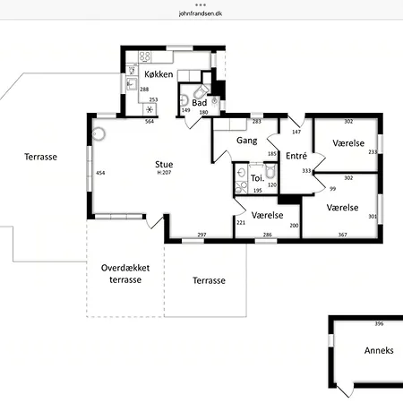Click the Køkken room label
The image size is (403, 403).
pyautogui.click(x=159, y=74)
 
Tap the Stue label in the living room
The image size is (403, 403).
pyautogui.click(x=164, y=164)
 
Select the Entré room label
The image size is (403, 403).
pyautogui.click(x=296, y=156)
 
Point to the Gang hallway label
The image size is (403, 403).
pyautogui.click(x=247, y=141)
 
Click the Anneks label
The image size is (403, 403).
pyautogui.click(x=379, y=350)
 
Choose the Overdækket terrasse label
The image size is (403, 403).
pyautogui.click(x=125, y=274)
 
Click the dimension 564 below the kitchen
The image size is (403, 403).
pyautogui.click(x=150, y=121)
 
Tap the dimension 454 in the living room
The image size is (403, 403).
pyautogui.click(x=100, y=173)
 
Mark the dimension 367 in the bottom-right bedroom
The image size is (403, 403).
pyautogui.click(x=342, y=235)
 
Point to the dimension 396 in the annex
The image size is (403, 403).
pyautogui.click(x=379, y=323)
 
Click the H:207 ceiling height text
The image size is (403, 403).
pyautogui.click(x=164, y=172)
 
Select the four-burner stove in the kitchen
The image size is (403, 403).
pyautogui.click(x=145, y=56)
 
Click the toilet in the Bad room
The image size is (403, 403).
pyautogui.click(x=201, y=91)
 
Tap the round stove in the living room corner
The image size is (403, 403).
pyautogui.click(x=99, y=134)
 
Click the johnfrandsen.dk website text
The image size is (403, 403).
pyautogui.click(x=201, y=13)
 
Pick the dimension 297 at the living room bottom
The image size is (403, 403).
pyautogui.click(x=201, y=235)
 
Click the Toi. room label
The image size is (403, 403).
pyautogui.click(x=257, y=178)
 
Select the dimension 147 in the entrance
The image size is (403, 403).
pyautogui.click(x=296, y=132)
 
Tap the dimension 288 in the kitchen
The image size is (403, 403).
pyautogui.click(x=144, y=90)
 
